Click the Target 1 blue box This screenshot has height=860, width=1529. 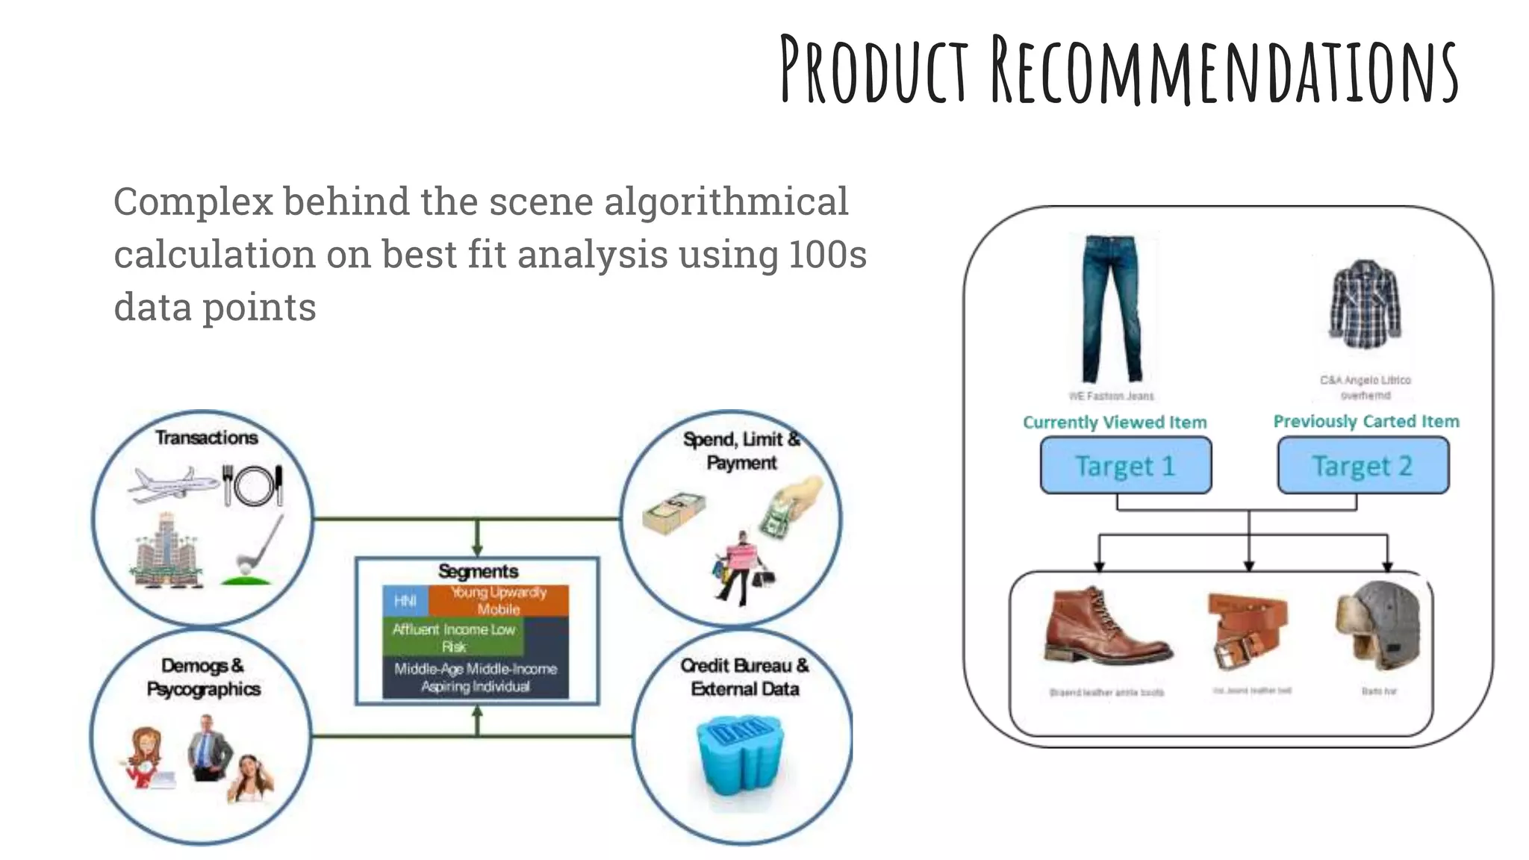tap(1125, 466)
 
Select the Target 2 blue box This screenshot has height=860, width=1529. tap(1363, 466)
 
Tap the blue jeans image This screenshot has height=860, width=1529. tap(1112, 308)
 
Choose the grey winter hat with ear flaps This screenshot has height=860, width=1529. tap(1380, 626)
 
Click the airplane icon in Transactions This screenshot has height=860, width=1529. tap(172, 484)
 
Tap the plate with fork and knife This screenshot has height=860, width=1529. tap(253, 485)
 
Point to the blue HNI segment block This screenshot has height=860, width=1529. tap(405, 601)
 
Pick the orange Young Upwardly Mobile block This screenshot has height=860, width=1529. tap(499, 600)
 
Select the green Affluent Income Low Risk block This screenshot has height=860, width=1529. tap(453, 638)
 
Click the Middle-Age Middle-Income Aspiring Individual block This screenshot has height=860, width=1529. tap(476, 678)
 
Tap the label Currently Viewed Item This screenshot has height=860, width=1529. tap(1115, 423)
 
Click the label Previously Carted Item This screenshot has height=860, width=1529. tap(1365, 422)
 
